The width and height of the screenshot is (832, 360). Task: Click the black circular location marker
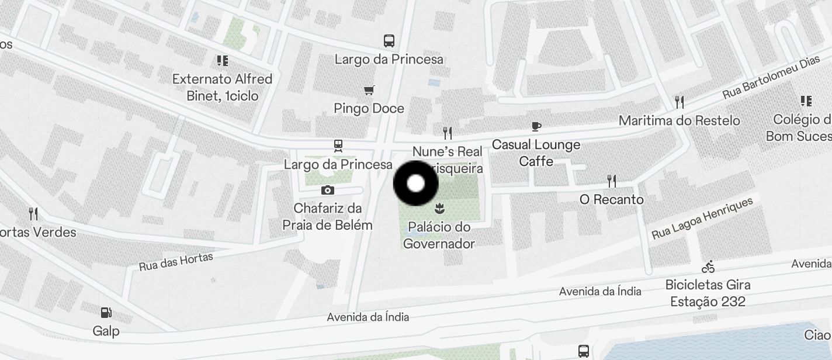pos(415,184)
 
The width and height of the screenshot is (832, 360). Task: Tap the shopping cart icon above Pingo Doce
pos(369,90)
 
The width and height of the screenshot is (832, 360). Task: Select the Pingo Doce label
pos(369,108)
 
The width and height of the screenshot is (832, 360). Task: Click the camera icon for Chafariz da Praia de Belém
pos(327,190)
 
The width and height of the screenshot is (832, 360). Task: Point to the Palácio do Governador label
pos(439,235)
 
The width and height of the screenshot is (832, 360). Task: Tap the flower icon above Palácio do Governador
pos(439,208)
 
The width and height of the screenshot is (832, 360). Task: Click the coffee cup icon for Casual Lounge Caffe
pos(536,126)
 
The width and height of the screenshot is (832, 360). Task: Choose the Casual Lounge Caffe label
pos(536,153)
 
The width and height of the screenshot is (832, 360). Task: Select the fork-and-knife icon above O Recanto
pos(612,181)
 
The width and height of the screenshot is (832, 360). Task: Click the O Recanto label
pos(612,199)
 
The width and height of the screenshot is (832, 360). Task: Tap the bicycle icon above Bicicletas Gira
pos(708,266)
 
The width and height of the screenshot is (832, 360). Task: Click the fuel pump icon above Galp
pos(106,313)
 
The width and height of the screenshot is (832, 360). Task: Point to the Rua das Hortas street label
pos(176,261)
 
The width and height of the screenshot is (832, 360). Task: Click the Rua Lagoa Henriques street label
pos(702,219)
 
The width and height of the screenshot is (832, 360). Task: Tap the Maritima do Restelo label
pos(679,120)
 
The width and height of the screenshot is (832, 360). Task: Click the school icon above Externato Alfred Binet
pos(222,60)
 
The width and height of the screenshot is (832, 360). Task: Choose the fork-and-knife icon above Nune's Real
pos(448,133)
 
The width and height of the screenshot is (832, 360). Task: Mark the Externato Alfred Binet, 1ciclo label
pos(222,87)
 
